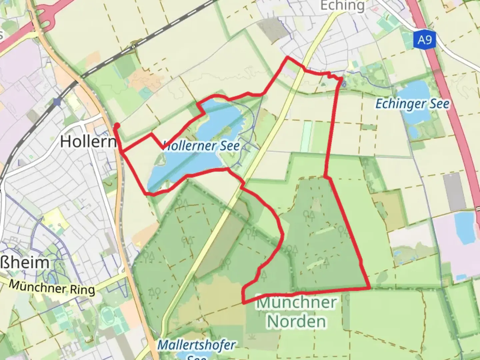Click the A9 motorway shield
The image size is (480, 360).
click(425, 40)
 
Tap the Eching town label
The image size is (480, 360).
click(342, 6)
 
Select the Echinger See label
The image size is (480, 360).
click(412, 104)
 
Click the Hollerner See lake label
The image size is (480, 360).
click(201, 146)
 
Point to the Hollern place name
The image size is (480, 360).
click(88, 142)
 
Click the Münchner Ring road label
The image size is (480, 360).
click(52, 287)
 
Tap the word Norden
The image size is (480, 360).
click(297, 321)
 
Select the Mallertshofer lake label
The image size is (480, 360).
click(196, 345)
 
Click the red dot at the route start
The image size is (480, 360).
click(117, 126)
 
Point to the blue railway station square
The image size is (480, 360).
click(57, 102)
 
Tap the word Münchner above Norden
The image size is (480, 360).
click(296, 303)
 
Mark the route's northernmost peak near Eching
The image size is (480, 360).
click(288, 58)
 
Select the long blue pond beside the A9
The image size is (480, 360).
click(465, 228)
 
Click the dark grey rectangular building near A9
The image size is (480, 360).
click(455, 192)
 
